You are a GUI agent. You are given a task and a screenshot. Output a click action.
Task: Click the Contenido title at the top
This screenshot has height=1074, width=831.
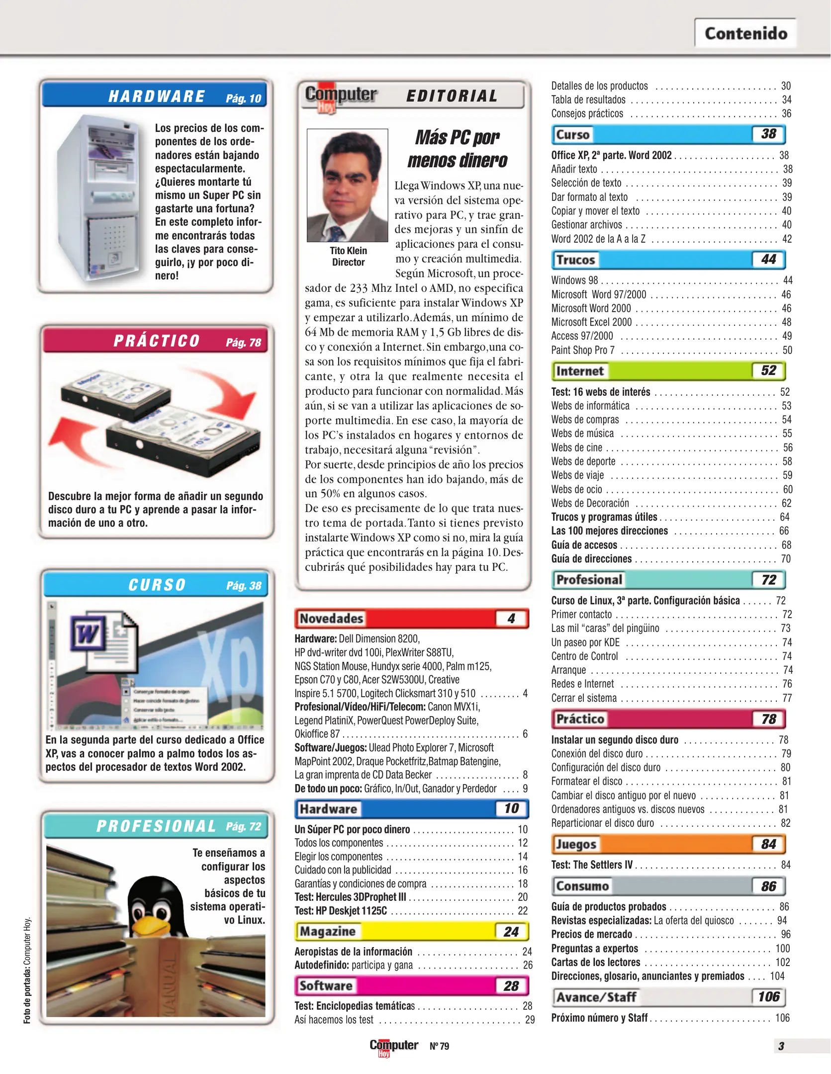point(745,33)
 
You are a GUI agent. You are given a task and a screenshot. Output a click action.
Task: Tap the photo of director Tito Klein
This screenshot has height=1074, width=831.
point(347,185)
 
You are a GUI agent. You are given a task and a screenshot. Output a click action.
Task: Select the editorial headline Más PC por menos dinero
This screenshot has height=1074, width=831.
point(457,149)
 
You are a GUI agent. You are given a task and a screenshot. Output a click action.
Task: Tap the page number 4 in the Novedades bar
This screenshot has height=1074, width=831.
point(511,619)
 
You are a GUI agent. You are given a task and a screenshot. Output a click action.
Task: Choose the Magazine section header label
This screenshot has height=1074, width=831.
point(327,931)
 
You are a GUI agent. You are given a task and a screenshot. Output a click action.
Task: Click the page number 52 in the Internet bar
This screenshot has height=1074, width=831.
point(768,370)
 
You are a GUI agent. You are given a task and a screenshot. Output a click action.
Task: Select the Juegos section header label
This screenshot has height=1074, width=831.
point(576,844)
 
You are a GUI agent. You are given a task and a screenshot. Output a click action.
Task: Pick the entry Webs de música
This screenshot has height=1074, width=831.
point(582,434)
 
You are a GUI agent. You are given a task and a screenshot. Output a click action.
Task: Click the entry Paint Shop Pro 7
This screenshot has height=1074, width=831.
point(583,350)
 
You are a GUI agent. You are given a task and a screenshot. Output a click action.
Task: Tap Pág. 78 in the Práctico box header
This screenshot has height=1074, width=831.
point(243,342)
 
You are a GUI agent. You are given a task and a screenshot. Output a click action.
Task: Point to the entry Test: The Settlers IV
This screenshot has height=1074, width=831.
point(592,865)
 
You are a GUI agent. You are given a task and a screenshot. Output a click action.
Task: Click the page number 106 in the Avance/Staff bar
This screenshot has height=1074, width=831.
point(768,997)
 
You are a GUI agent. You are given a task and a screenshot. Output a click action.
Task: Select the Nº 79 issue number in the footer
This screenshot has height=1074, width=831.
point(439,1046)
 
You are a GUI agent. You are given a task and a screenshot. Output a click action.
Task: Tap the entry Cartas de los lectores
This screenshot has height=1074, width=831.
point(595,962)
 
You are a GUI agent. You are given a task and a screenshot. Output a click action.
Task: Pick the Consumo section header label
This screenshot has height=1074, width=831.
point(582,886)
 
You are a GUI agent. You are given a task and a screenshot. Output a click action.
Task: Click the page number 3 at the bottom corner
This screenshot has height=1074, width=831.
point(781,1046)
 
